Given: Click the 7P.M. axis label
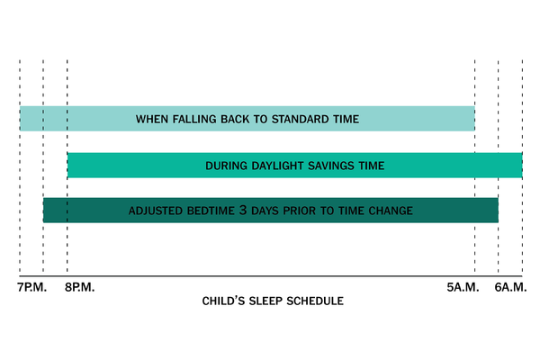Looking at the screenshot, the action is click(32, 287).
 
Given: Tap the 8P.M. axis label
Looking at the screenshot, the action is click(79, 287).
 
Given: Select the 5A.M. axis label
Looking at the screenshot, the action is click(463, 287).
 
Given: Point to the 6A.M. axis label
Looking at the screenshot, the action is click(510, 287).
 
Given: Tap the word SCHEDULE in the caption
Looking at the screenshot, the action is click(315, 301).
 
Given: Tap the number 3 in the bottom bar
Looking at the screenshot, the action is click(243, 210).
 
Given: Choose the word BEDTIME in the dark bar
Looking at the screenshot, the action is click(211, 211).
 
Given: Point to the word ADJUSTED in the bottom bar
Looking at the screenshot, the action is click(156, 211).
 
